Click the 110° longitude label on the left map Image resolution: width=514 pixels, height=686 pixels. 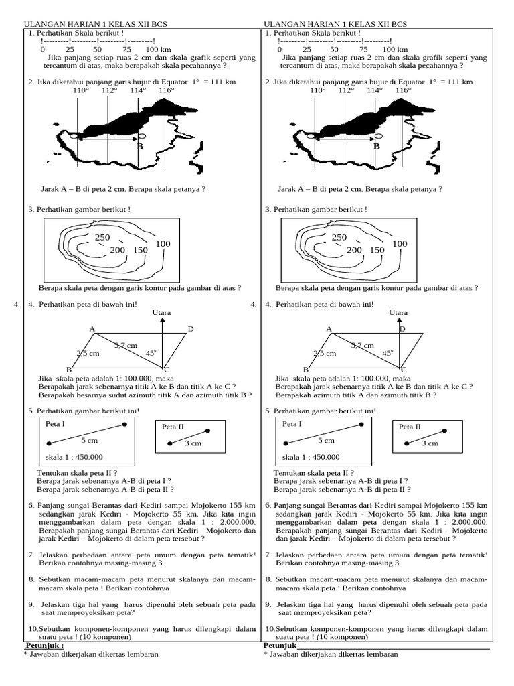[x=80, y=90]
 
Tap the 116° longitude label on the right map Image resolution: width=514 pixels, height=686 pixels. [x=403, y=90]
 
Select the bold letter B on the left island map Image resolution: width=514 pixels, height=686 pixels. [x=140, y=146]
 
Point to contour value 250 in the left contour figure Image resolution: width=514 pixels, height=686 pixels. [x=102, y=238]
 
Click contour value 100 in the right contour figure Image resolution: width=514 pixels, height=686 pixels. [x=400, y=244]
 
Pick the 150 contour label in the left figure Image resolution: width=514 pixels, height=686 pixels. [x=140, y=250]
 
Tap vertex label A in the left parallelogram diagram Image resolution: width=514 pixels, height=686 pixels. [x=92, y=329]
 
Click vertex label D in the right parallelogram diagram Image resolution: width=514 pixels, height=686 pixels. [x=402, y=329]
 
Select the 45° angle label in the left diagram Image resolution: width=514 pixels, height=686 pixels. [x=151, y=352]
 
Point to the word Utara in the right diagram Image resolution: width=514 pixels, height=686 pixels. [x=398, y=312]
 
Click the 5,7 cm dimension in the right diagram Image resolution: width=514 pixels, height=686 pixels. [x=362, y=345]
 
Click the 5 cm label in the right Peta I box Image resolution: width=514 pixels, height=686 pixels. [x=326, y=441]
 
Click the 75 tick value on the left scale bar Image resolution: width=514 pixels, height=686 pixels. [x=127, y=50]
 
